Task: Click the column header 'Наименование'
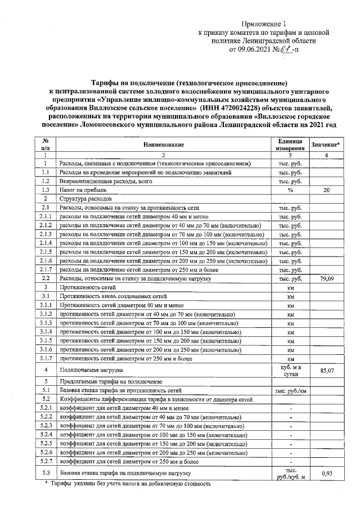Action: [164, 145]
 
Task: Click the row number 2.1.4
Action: [45, 243]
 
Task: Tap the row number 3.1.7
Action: [45, 358]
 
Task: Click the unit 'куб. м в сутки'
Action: [290, 371]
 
